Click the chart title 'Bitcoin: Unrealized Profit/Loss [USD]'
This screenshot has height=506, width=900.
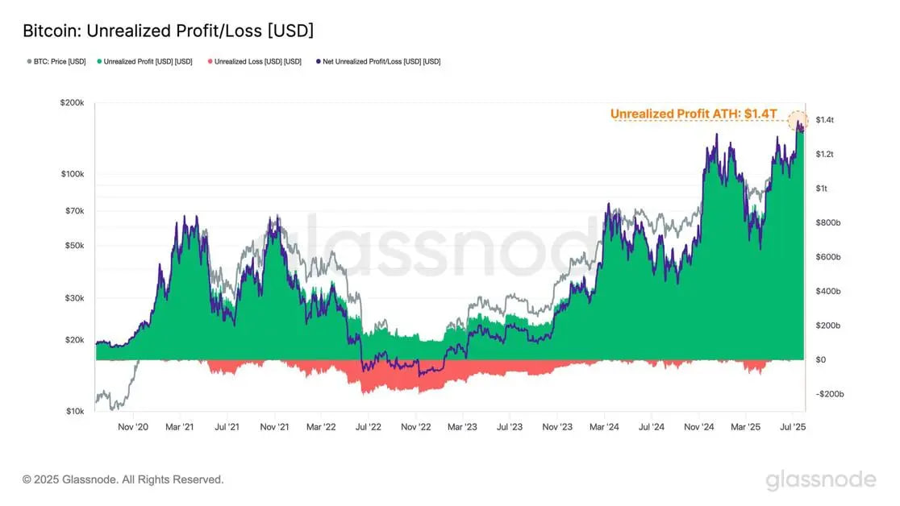[168, 31]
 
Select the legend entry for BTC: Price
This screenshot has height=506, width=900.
[56, 61]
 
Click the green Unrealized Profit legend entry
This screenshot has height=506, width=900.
[144, 61]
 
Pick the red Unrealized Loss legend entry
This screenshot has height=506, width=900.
[254, 61]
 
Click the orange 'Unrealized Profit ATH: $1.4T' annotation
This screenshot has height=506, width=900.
[693, 114]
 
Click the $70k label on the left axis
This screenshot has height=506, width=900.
[75, 211]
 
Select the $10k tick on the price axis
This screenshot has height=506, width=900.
[75, 411]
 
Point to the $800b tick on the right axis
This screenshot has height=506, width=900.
[828, 223]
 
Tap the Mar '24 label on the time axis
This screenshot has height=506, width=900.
[603, 425]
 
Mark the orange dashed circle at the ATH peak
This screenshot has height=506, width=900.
[798, 122]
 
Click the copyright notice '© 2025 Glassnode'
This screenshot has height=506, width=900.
[123, 479]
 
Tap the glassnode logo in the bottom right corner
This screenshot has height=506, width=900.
[820, 480]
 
